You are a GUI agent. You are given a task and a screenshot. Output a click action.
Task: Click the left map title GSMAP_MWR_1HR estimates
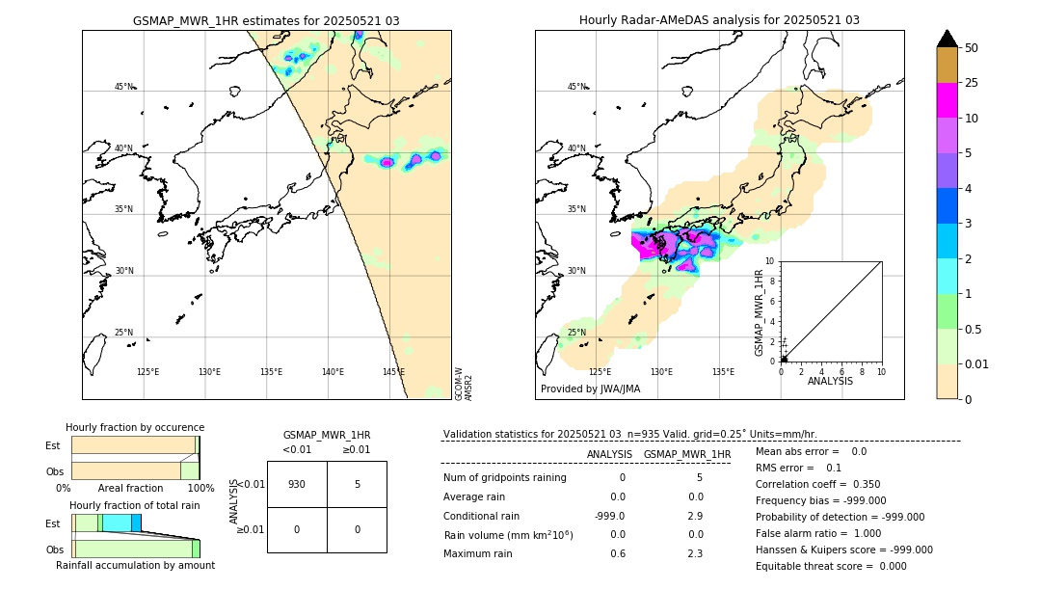[x=266, y=20]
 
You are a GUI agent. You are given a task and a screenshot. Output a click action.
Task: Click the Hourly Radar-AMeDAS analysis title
[x=719, y=20]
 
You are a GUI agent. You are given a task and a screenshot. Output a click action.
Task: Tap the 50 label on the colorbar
[x=972, y=48]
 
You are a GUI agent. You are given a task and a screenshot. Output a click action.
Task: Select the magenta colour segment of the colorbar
[x=947, y=100]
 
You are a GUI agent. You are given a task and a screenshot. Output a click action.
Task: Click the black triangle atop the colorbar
[x=947, y=39]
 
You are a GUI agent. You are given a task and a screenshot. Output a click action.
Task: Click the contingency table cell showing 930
[x=297, y=484]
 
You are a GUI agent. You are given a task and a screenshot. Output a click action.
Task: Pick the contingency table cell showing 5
[x=357, y=484]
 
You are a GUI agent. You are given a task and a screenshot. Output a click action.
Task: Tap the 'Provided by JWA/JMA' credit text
[x=590, y=389]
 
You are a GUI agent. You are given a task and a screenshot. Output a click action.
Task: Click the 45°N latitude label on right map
[x=576, y=87]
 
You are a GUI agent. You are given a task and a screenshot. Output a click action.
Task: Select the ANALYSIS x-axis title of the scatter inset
[x=830, y=381]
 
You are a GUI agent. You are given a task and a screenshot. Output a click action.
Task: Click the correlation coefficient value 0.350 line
[x=817, y=484]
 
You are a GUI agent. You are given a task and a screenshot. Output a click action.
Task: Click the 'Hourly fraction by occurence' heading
[x=135, y=427]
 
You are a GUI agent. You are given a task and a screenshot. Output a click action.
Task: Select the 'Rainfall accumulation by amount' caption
[x=135, y=565]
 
